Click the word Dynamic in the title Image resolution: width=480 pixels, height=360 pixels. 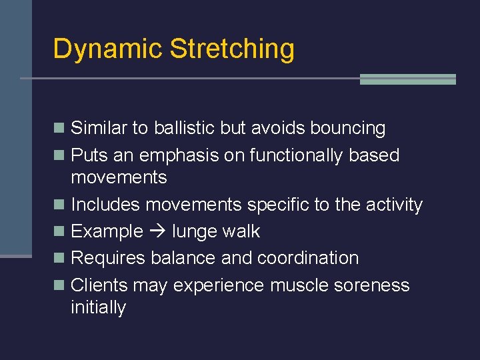pyautogui.click(x=107, y=49)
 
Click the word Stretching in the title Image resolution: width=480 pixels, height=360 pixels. pyautogui.click(x=232, y=49)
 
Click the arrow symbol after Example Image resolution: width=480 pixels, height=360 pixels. pyautogui.click(x=157, y=231)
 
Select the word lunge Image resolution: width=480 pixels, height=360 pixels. pyautogui.click(x=194, y=232)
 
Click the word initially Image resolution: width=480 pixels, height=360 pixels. pyautogui.click(x=98, y=307)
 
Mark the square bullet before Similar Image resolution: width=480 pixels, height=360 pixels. pyautogui.click(x=60, y=129)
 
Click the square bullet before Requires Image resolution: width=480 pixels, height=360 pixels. pyautogui.click(x=60, y=259)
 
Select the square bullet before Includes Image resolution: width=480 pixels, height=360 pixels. pyautogui.click(x=60, y=205)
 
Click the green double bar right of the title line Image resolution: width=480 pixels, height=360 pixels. pyautogui.click(x=407, y=79)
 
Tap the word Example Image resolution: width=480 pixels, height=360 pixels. pyautogui.click(x=107, y=231)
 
